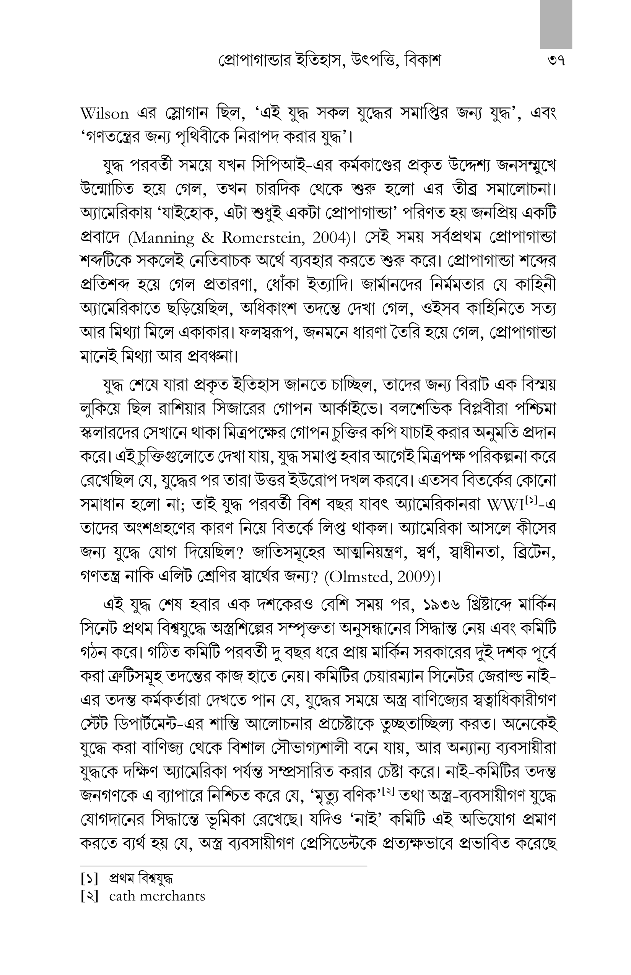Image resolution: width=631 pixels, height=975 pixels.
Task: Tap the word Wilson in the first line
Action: tap(104, 114)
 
